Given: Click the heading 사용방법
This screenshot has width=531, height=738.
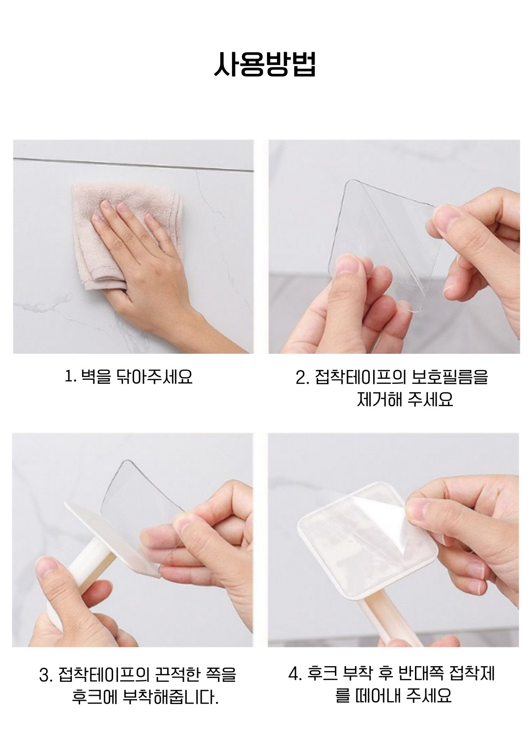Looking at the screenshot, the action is (x=265, y=65).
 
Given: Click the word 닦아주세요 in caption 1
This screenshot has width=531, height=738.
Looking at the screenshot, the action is (x=154, y=376).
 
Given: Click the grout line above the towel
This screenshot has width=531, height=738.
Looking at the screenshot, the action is (x=133, y=165).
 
